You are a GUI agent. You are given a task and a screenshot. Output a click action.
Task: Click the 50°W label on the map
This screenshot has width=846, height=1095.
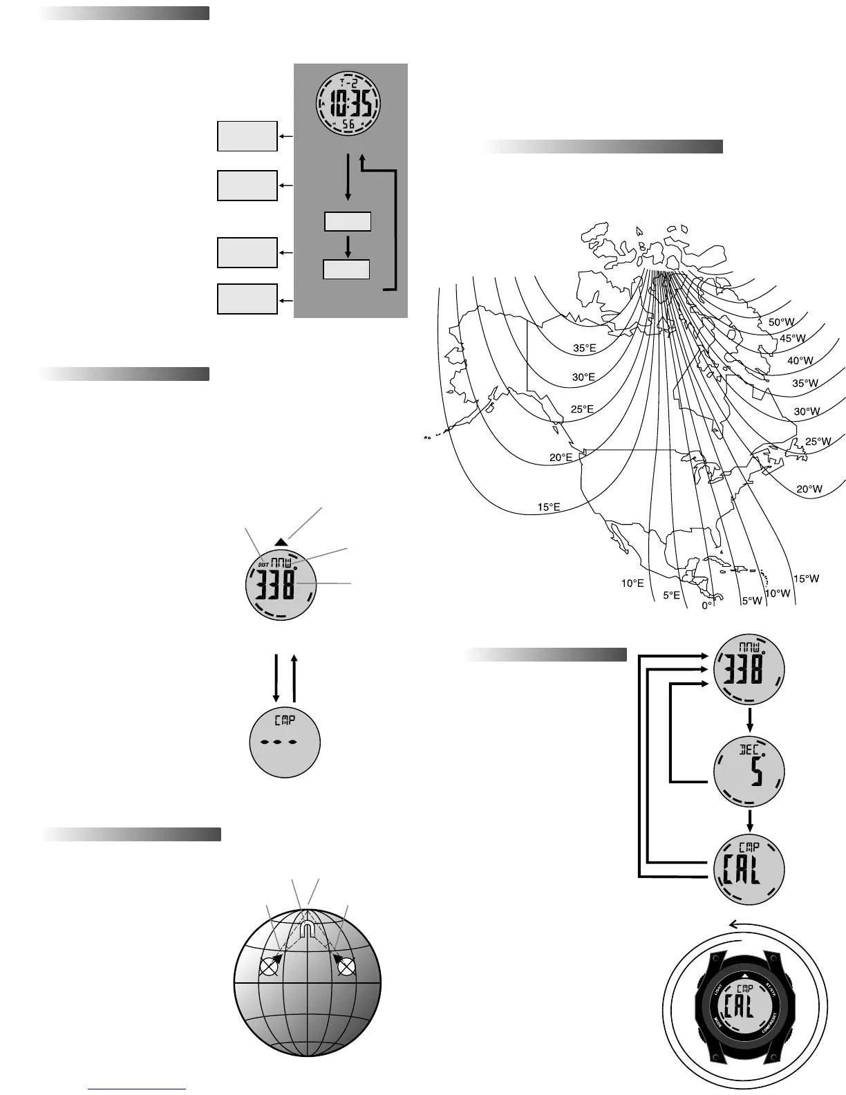pyautogui.click(x=782, y=322)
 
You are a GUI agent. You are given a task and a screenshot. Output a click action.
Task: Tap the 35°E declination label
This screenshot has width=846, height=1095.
pyautogui.click(x=584, y=348)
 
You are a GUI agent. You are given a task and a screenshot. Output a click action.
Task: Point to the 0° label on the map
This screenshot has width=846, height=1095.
pyautogui.click(x=707, y=605)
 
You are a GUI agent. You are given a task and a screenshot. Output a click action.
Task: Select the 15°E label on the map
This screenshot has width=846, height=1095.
pyautogui.click(x=549, y=507)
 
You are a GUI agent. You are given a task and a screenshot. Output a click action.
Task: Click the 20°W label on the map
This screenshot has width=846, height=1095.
pyautogui.click(x=809, y=489)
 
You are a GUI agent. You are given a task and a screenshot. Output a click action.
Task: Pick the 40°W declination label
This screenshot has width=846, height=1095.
pyautogui.click(x=800, y=360)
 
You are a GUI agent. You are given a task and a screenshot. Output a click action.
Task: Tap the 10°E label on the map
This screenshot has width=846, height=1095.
pyautogui.click(x=632, y=583)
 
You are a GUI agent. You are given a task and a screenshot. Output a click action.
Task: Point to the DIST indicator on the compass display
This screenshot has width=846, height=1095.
pyautogui.click(x=263, y=564)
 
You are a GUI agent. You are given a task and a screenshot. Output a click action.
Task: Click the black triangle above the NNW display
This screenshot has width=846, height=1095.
pyautogui.click(x=281, y=542)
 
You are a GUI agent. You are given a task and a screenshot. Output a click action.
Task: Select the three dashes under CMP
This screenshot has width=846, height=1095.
pyautogui.click(x=284, y=742)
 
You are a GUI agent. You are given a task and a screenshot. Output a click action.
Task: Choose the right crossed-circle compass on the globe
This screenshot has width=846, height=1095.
pyautogui.click(x=346, y=967)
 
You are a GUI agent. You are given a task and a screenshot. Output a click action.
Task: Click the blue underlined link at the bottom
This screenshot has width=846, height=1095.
pyautogui.click(x=138, y=1089)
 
